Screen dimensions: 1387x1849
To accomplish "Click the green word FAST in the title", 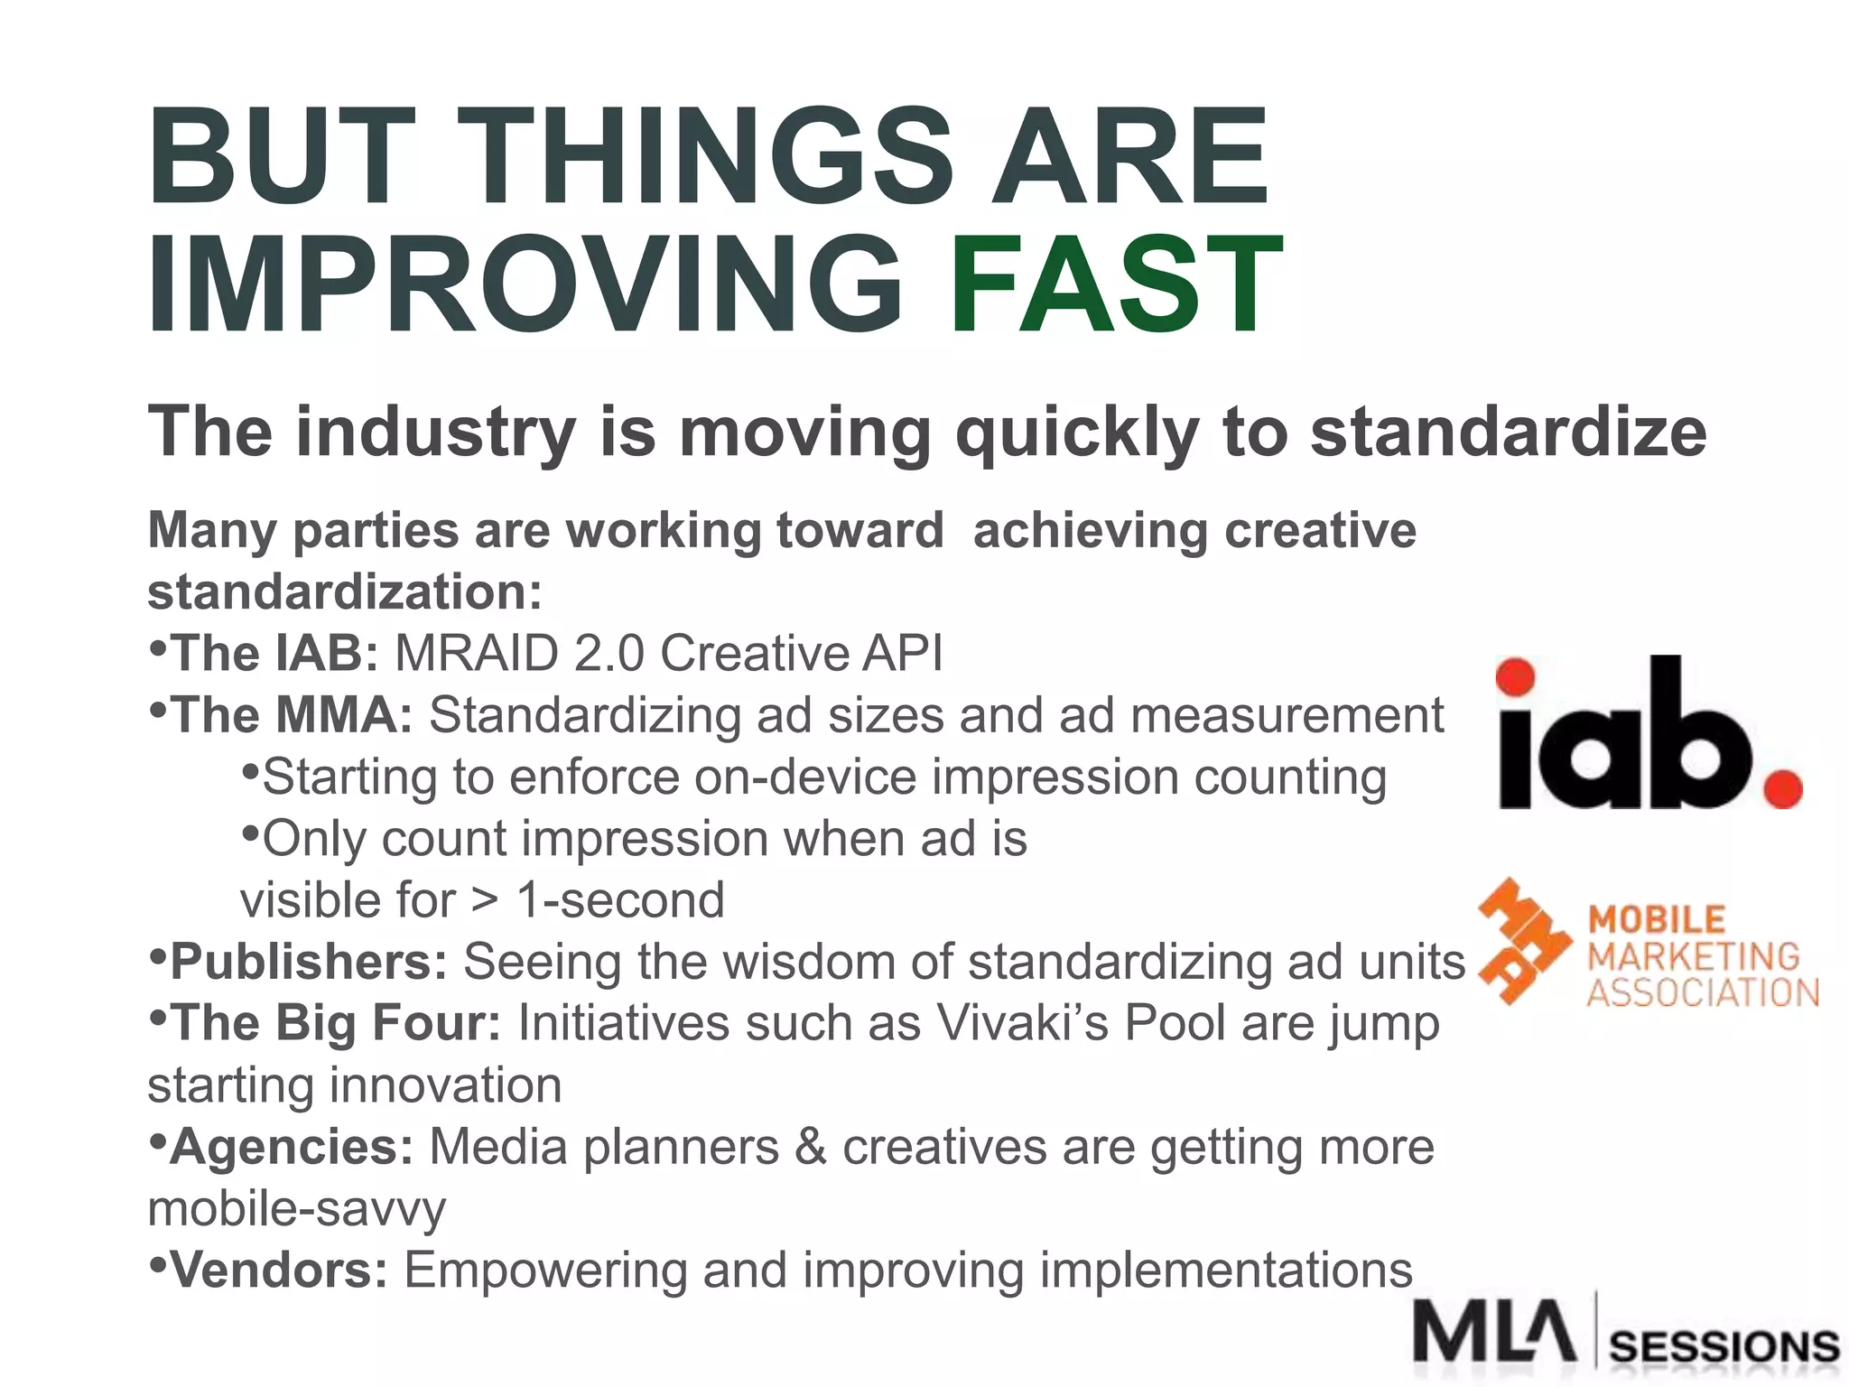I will pos(1116,284).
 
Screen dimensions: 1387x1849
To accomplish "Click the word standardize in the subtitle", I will pos(1508,432).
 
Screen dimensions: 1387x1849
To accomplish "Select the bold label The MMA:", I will pos(291,715).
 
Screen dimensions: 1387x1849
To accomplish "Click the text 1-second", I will pos(620,900).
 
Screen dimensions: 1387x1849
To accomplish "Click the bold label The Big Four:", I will pos(335,1023).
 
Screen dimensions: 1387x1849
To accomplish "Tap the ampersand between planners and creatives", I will pos(810,1147).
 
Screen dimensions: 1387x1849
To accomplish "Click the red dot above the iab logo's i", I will pos(1516,676).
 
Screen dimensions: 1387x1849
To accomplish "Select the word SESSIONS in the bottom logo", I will pos(1724,1347).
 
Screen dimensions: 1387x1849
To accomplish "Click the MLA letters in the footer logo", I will pos(1494,1332).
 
